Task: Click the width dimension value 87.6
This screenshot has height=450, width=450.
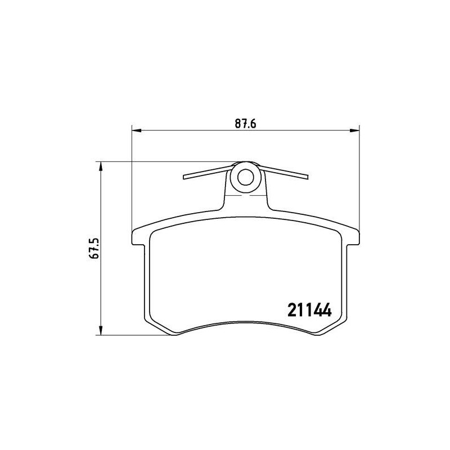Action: (245, 124)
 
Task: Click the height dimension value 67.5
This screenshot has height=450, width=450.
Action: (94, 248)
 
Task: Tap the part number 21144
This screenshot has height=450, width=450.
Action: (309, 310)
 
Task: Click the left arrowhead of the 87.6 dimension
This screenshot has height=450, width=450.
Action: (137, 130)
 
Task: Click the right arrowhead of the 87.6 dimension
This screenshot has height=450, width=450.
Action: (354, 130)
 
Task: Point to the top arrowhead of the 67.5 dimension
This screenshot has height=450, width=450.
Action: (101, 166)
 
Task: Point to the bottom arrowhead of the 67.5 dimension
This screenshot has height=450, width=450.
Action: (101, 330)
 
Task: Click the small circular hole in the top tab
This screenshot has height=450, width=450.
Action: (245, 177)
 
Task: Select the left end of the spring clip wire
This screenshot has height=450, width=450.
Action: (184, 177)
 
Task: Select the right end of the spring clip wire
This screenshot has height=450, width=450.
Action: (307, 177)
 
